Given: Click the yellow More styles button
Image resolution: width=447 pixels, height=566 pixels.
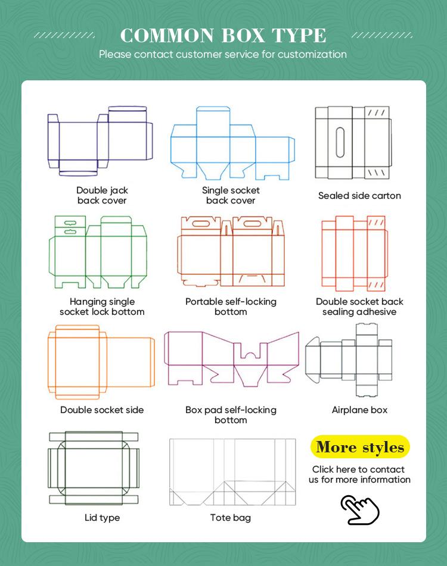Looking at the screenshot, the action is [x=360, y=447].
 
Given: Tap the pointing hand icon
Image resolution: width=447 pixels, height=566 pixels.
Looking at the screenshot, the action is [x=360, y=509].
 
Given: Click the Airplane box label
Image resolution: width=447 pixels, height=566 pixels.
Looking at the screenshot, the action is [x=359, y=410].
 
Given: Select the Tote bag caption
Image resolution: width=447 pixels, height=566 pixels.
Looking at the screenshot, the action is [x=231, y=518].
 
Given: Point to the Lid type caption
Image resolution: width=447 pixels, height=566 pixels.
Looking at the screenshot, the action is [x=103, y=518].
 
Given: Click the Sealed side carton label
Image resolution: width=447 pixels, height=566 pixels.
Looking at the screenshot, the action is [x=359, y=196].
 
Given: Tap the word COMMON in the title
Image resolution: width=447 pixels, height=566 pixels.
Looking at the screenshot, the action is [x=167, y=35].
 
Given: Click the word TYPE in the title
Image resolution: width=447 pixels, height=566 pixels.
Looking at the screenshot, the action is [x=299, y=35].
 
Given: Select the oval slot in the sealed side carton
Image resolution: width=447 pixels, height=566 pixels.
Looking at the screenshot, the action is [x=340, y=142].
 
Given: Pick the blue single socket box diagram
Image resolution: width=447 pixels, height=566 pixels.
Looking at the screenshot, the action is [x=232, y=143].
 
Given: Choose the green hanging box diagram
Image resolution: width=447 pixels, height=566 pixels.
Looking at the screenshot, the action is [x=98, y=252].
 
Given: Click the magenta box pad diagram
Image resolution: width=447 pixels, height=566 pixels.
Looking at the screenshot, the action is [x=232, y=359].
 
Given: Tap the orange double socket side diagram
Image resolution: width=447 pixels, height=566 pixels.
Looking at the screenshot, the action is [x=101, y=362].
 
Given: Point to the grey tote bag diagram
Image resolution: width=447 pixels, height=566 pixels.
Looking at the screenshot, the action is [x=232, y=472].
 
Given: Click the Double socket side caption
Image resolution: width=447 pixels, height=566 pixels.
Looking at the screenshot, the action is [x=102, y=410].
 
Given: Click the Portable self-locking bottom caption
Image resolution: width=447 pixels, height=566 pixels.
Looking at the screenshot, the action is [x=231, y=307].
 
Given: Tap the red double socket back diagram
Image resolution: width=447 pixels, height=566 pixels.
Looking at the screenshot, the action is [x=355, y=254].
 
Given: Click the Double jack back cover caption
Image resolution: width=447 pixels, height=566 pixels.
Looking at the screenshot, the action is [x=103, y=195].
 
